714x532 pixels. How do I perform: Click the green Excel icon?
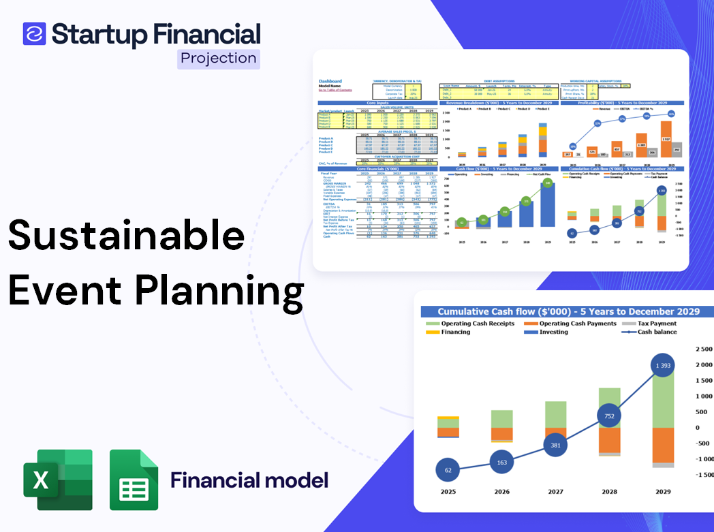coord(58,480)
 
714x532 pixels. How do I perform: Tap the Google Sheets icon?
coord(134,480)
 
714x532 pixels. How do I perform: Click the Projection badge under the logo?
coord(219,59)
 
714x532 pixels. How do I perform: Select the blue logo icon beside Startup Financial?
coord(34,33)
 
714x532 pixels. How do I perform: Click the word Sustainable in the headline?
coord(126,236)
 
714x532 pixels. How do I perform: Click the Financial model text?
coord(249,480)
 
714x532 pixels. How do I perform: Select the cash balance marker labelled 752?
coord(610,417)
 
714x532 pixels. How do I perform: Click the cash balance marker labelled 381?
coord(555,445)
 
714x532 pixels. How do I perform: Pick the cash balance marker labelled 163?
coord(501,463)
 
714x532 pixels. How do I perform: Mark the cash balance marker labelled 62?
coord(447,470)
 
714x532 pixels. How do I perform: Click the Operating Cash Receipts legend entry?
coord(480,324)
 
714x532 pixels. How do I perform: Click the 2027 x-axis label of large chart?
coord(555,491)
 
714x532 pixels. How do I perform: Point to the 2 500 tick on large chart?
coord(702,349)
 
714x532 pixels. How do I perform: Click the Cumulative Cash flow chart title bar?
coord(568,311)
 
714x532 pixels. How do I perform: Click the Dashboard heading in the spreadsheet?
coord(330,81)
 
